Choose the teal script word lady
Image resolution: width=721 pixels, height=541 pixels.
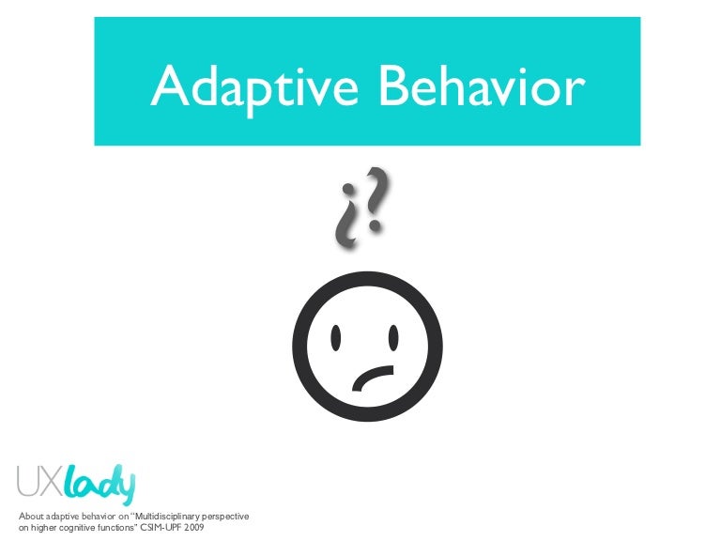pyautogui.click(x=100, y=485)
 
